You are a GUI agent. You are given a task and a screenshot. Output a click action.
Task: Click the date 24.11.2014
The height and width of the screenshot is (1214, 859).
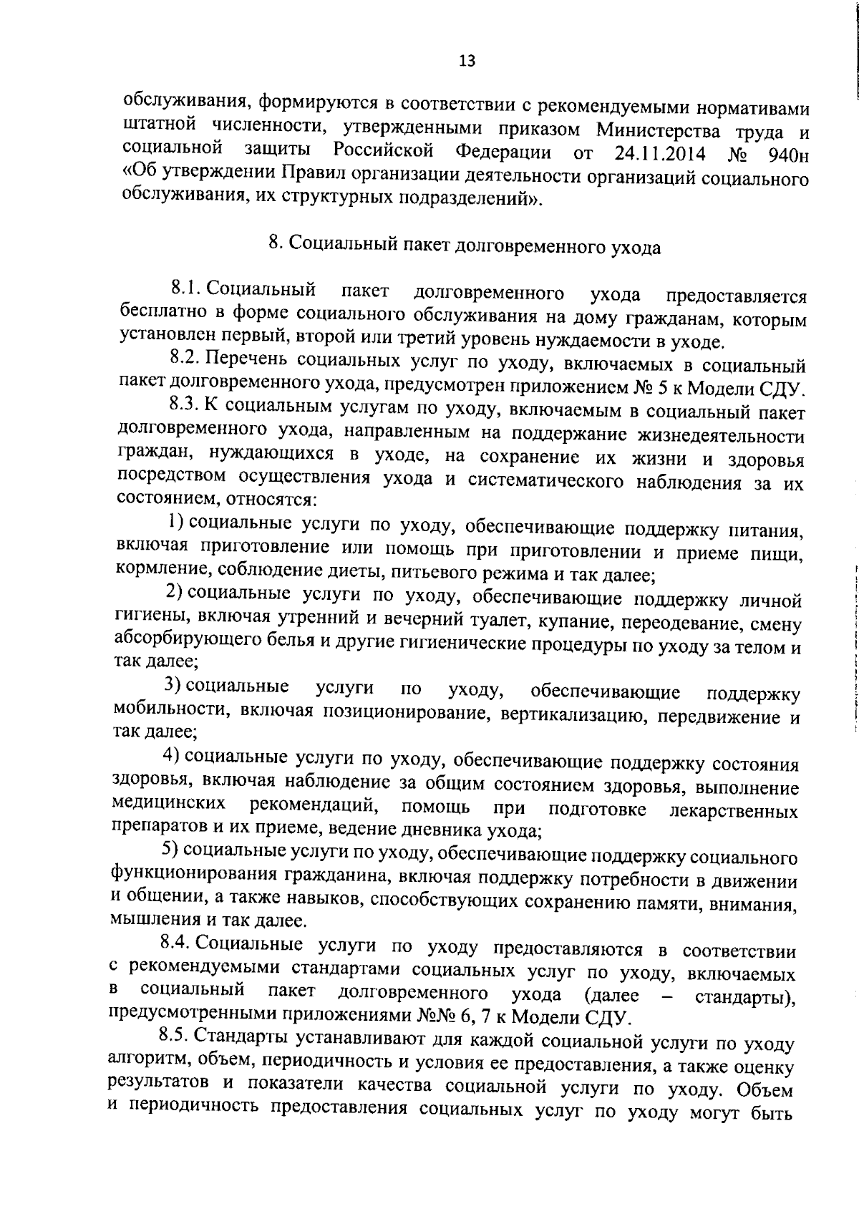click(x=659, y=154)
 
